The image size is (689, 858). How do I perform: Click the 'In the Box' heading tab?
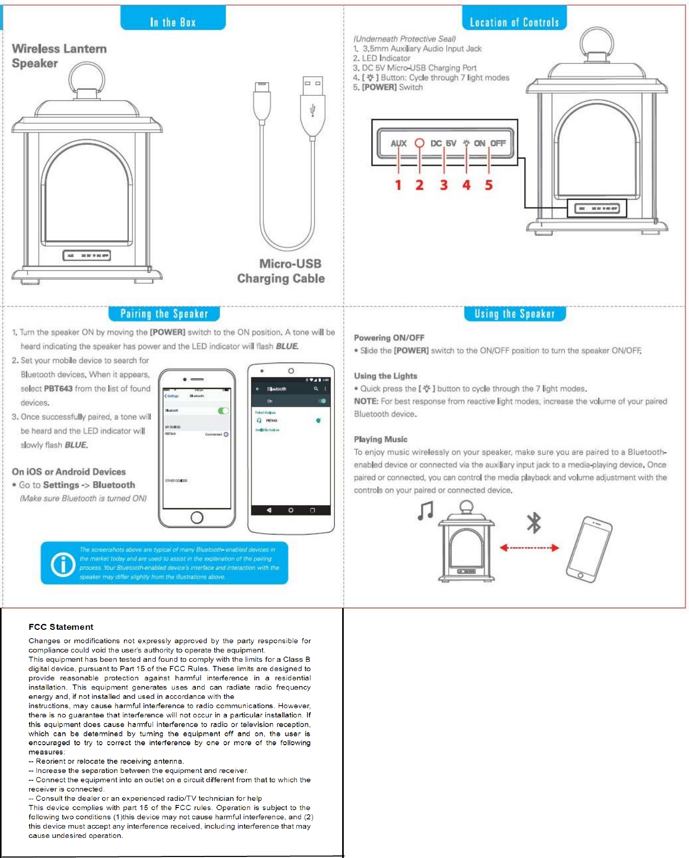pyautogui.click(x=173, y=22)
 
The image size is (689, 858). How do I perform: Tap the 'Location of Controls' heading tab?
pyautogui.click(x=514, y=22)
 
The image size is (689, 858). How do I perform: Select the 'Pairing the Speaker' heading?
pyautogui.click(x=164, y=314)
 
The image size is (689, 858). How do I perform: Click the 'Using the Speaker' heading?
pyautogui.click(x=514, y=314)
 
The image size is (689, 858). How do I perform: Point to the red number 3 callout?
pyautogui.click(x=444, y=185)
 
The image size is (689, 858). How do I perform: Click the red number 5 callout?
pyautogui.click(x=489, y=185)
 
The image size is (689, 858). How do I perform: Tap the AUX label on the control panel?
pyautogui.click(x=398, y=143)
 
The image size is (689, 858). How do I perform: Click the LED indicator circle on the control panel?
pyautogui.click(x=419, y=143)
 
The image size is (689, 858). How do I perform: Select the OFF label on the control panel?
pyautogui.click(x=498, y=143)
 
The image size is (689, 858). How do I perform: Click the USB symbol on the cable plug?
pyautogui.click(x=312, y=110)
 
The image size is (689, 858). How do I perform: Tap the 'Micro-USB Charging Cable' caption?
pyautogui.click(x=281, y=271)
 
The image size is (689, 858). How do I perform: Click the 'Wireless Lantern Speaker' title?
pyautogui.click(x=59, y=56)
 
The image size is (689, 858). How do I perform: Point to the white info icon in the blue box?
pyautogui.click(x=63, y=564)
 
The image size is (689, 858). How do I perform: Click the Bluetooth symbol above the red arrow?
pyautogui.click(x=534, y=523)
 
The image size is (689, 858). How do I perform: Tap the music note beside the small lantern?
pyautogui.click(x=426, y=511)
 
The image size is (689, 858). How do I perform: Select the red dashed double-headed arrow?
pyautogui.click(x=529, y=548)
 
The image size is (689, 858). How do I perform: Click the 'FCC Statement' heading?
pyautogui.click(x=61, y=627)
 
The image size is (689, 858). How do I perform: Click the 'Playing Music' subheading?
pyautogui.click(x=380, y=439)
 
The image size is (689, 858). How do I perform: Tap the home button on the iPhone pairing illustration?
pyautogui.click(x=197, y=518)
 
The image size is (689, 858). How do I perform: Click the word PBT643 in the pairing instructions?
pyautogui.click(x=58, y=389)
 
